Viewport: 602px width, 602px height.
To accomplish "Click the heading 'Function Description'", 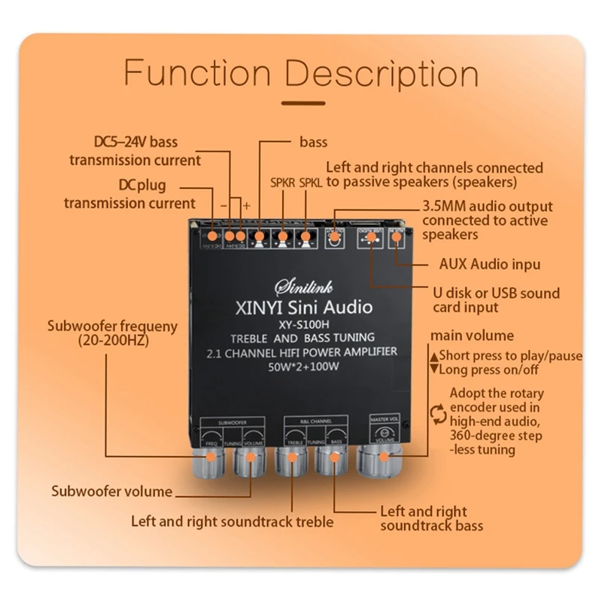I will click(301, 74).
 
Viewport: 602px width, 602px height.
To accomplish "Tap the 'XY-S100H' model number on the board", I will click(302, 324).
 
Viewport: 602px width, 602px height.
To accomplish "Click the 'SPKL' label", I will click(310, 181).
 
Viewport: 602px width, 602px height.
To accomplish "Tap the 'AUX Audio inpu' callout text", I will click(489, 264).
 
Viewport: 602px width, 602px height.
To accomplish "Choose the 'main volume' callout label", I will click(472, 336).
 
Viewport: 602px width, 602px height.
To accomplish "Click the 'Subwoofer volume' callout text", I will click(111, 492).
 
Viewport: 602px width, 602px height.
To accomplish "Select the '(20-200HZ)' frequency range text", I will click(113, 340).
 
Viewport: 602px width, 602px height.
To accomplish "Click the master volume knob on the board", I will click(380, 457).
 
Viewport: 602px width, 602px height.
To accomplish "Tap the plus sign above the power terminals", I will click(246, 205).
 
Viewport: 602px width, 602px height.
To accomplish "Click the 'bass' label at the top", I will click(314, 141).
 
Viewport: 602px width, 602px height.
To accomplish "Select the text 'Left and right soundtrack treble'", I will click(232, 520).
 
